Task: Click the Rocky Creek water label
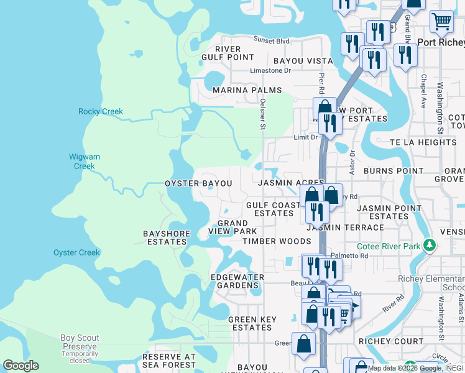(x=101, y=112)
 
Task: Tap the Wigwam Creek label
(x=85, y=162)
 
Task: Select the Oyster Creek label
(x=76, y=252)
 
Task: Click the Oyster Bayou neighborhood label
(x=198, y=184)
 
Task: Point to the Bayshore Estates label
(x=165, y=238)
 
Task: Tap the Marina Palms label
(x=239, y=90)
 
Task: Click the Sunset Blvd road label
(x=272, y=41)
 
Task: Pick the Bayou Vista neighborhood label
(x=303, y=61)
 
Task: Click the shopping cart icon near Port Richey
(x=441, y=21)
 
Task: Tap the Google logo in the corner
(x=21, y=366)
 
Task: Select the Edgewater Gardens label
(x=237, y=281)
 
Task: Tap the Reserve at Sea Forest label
(x=169, y=361)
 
